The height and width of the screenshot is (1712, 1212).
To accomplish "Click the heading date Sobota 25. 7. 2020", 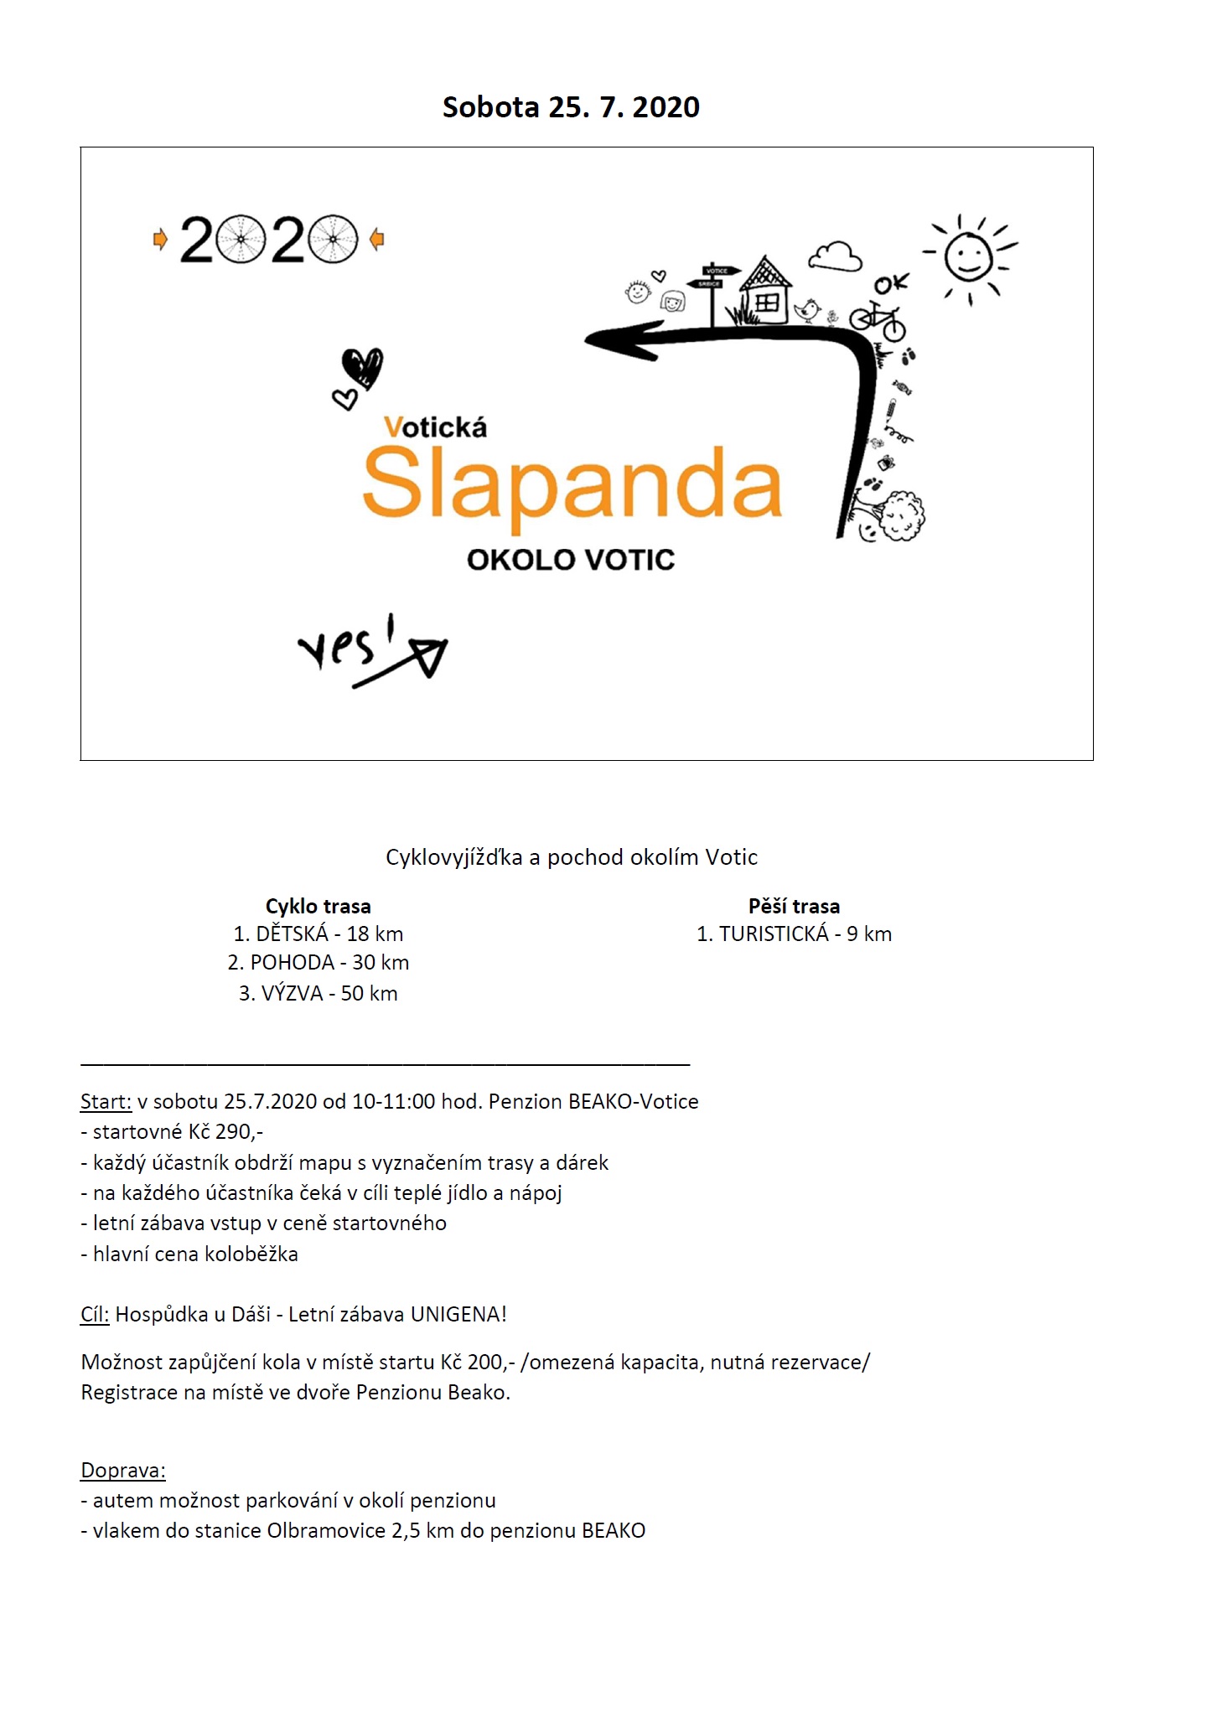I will point(571,107).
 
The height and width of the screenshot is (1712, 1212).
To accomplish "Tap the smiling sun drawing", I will point(970,256).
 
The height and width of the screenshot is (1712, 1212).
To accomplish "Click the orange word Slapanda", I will point(572,484).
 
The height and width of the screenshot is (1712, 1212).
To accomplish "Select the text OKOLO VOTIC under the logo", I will point(571,560).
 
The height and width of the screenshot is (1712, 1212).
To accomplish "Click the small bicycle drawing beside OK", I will point(878,320).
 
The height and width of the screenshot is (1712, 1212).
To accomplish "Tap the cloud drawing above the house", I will point(835,256).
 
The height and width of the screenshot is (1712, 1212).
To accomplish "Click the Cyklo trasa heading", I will point(318,906).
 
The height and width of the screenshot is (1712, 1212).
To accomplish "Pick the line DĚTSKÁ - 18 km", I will point(318,934).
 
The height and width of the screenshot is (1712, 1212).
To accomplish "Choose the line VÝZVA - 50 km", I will point(318,993).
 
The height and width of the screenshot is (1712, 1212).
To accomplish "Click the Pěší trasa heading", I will point(794,906).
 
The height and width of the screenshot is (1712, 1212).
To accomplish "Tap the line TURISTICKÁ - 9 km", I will point(794,934).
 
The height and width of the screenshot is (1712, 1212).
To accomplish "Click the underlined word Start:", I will point(106,1101).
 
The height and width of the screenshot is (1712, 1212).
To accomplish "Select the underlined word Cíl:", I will point(95,1314).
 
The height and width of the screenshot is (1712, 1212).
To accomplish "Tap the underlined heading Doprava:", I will point(123,1470).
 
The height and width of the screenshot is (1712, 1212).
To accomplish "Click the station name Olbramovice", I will point(326,1530).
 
